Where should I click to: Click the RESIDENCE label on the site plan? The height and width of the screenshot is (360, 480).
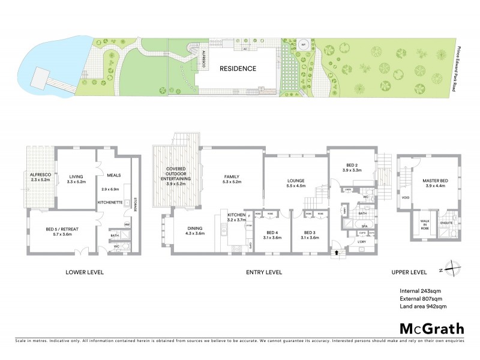point(238,68)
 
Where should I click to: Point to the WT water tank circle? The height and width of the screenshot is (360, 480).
point(304,44)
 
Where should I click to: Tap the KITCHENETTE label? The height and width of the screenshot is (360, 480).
point(111,202)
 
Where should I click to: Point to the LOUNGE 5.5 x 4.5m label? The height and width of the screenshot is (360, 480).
point(296,182)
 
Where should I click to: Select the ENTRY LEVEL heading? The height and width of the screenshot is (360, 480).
point(264,272)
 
